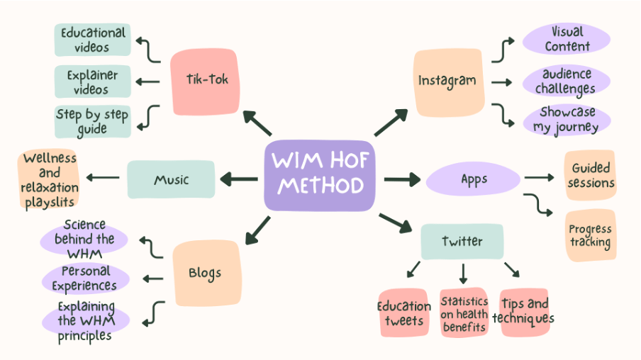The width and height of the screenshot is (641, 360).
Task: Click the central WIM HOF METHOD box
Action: [x=319, y=176]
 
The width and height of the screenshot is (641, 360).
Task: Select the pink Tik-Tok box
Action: [x=205, y=81]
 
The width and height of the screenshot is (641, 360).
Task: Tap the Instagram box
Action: [x=448, y=82]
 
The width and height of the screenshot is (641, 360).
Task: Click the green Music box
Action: [x=171, y=179]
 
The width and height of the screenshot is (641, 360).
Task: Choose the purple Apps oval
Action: [x=473, y=179]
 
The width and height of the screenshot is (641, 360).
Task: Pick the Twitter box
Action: [x=462, y=241]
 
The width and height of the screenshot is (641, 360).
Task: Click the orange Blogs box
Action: [x=207, y=273]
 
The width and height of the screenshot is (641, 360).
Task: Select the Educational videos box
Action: [x=93, y=40]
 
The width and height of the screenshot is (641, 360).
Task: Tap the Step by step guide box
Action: [x=93, y=121]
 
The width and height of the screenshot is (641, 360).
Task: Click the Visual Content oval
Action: [x=567, y=39]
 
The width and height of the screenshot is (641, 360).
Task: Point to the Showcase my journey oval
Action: [x=567, y=119]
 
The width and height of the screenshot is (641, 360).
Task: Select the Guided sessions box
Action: [x=591, y=175]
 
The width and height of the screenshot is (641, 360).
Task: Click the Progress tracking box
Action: [x=591, y=236]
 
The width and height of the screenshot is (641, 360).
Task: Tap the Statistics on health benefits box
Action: [x=464, y=313]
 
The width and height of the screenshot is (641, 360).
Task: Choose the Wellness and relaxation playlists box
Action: [x=49, y=179]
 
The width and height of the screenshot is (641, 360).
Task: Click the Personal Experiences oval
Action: [x=85, y=279]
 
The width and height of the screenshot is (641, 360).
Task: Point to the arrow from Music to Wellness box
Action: [x=103, y=177]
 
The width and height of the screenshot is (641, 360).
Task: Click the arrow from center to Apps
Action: [x=402, y=179]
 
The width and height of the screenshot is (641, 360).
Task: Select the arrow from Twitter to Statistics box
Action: [x=463, y=274]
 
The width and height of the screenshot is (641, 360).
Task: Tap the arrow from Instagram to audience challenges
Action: [x=501, y=82]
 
